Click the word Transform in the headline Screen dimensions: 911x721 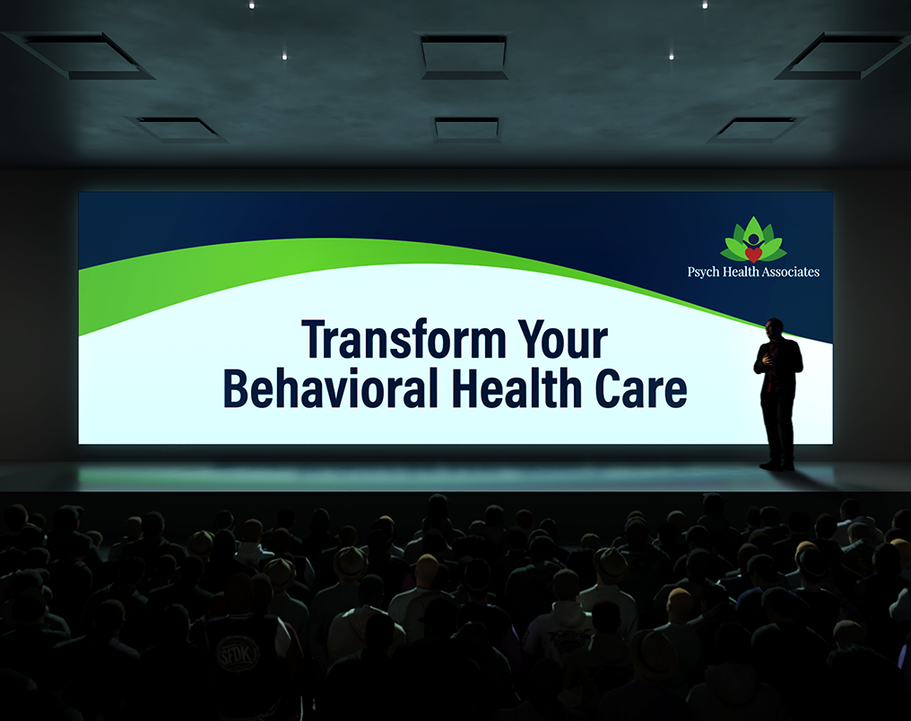[x=403, y=339]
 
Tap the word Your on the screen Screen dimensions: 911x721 [x=562, y=339]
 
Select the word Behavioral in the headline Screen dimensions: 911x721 [x=331, y=388]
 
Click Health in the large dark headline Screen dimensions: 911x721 [x=517, y=388]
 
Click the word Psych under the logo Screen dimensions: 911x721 [x=703, y=272]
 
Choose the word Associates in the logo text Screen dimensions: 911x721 [x=790, y=272]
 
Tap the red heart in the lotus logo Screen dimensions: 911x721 [x=753, y=255]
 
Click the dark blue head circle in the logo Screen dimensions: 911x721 [x=753, y=239]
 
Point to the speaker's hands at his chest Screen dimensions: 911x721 [x=768, y=360]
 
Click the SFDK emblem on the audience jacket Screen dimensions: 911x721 [x=238, y=654]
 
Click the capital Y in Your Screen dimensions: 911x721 [x=533, y=339]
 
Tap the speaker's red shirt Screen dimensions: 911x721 [x=770, y=369]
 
